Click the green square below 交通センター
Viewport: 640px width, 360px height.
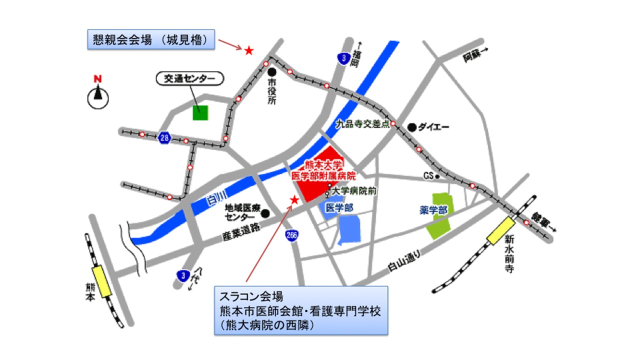point(200,112)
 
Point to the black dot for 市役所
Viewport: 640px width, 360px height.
point(272,72)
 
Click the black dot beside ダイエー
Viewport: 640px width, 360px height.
point(411,127)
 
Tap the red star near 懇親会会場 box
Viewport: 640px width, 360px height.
point(248,50)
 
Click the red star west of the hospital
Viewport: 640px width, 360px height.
point(294,200)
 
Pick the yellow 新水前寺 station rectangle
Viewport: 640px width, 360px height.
point(501,231)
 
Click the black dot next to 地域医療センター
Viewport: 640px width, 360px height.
point(265,213)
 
